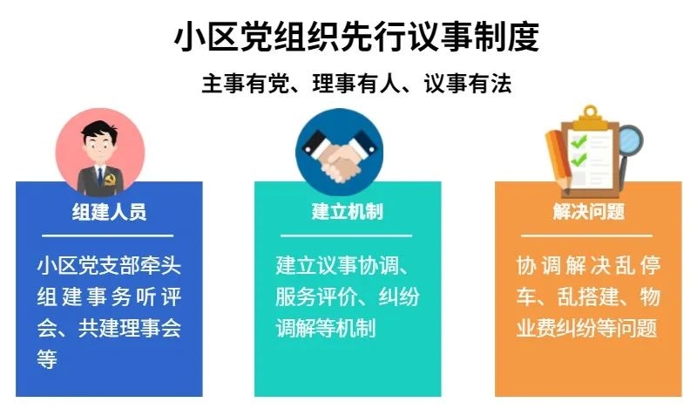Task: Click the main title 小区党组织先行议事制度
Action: [356, 37]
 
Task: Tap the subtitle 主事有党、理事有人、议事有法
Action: [356, 84]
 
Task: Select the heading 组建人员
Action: [110, 211]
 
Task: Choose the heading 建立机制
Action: [347, 211]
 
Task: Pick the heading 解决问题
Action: [589, 211]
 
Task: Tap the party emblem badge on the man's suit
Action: [111, 181]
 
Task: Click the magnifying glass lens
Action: [629, 140]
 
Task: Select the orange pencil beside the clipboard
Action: [560, 161]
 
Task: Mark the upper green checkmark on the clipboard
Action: [579, 142]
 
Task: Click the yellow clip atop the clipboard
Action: [591, 117]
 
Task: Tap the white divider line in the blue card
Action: [107, 235]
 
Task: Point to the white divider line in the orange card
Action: [586, 235]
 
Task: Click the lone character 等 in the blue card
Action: [47, 359]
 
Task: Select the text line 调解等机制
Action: [325, 328]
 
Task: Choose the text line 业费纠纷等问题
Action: [586, 328]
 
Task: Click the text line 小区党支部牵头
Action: [110, 266]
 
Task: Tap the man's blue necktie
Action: [100, 176]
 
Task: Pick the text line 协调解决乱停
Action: [589, 266]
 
